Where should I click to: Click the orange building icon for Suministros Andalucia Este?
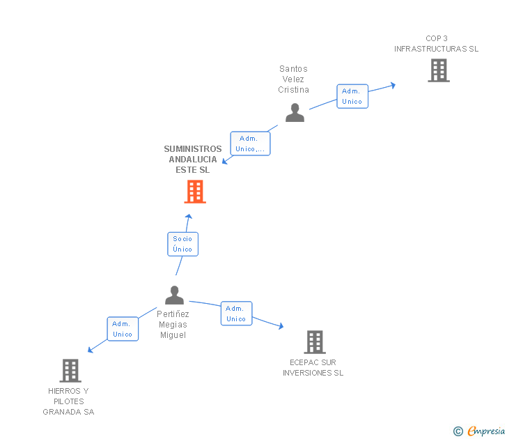click(195, 192)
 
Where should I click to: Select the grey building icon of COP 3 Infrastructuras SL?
click(438, 70)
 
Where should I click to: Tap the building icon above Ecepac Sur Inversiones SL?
click(315, 341)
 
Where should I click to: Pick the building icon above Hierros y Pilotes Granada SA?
click(70, 370)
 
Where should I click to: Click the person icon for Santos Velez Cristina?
click(295, 113)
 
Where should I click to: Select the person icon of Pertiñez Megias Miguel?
click(174, 295)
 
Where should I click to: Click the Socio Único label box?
click(182, 244)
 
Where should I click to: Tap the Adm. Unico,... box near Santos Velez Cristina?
click(250, 144)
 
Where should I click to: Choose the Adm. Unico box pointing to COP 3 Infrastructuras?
click(352, 96)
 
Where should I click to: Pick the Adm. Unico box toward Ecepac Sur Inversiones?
click(236, 314)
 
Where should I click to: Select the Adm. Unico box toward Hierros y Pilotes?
click(123, 329)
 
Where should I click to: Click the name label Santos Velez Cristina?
click(293, 79)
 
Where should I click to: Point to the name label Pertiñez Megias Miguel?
click(173, 324)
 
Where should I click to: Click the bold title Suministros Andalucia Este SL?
click(193, 159)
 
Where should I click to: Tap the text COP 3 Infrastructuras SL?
click(437, 43)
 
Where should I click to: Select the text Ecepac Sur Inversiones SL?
click(313, 367)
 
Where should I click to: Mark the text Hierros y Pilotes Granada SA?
click(68, 401)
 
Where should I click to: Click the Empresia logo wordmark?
click(485, 431)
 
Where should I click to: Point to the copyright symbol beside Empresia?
click(458, 431)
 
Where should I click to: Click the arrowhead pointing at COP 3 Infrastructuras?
click(393, 85)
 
